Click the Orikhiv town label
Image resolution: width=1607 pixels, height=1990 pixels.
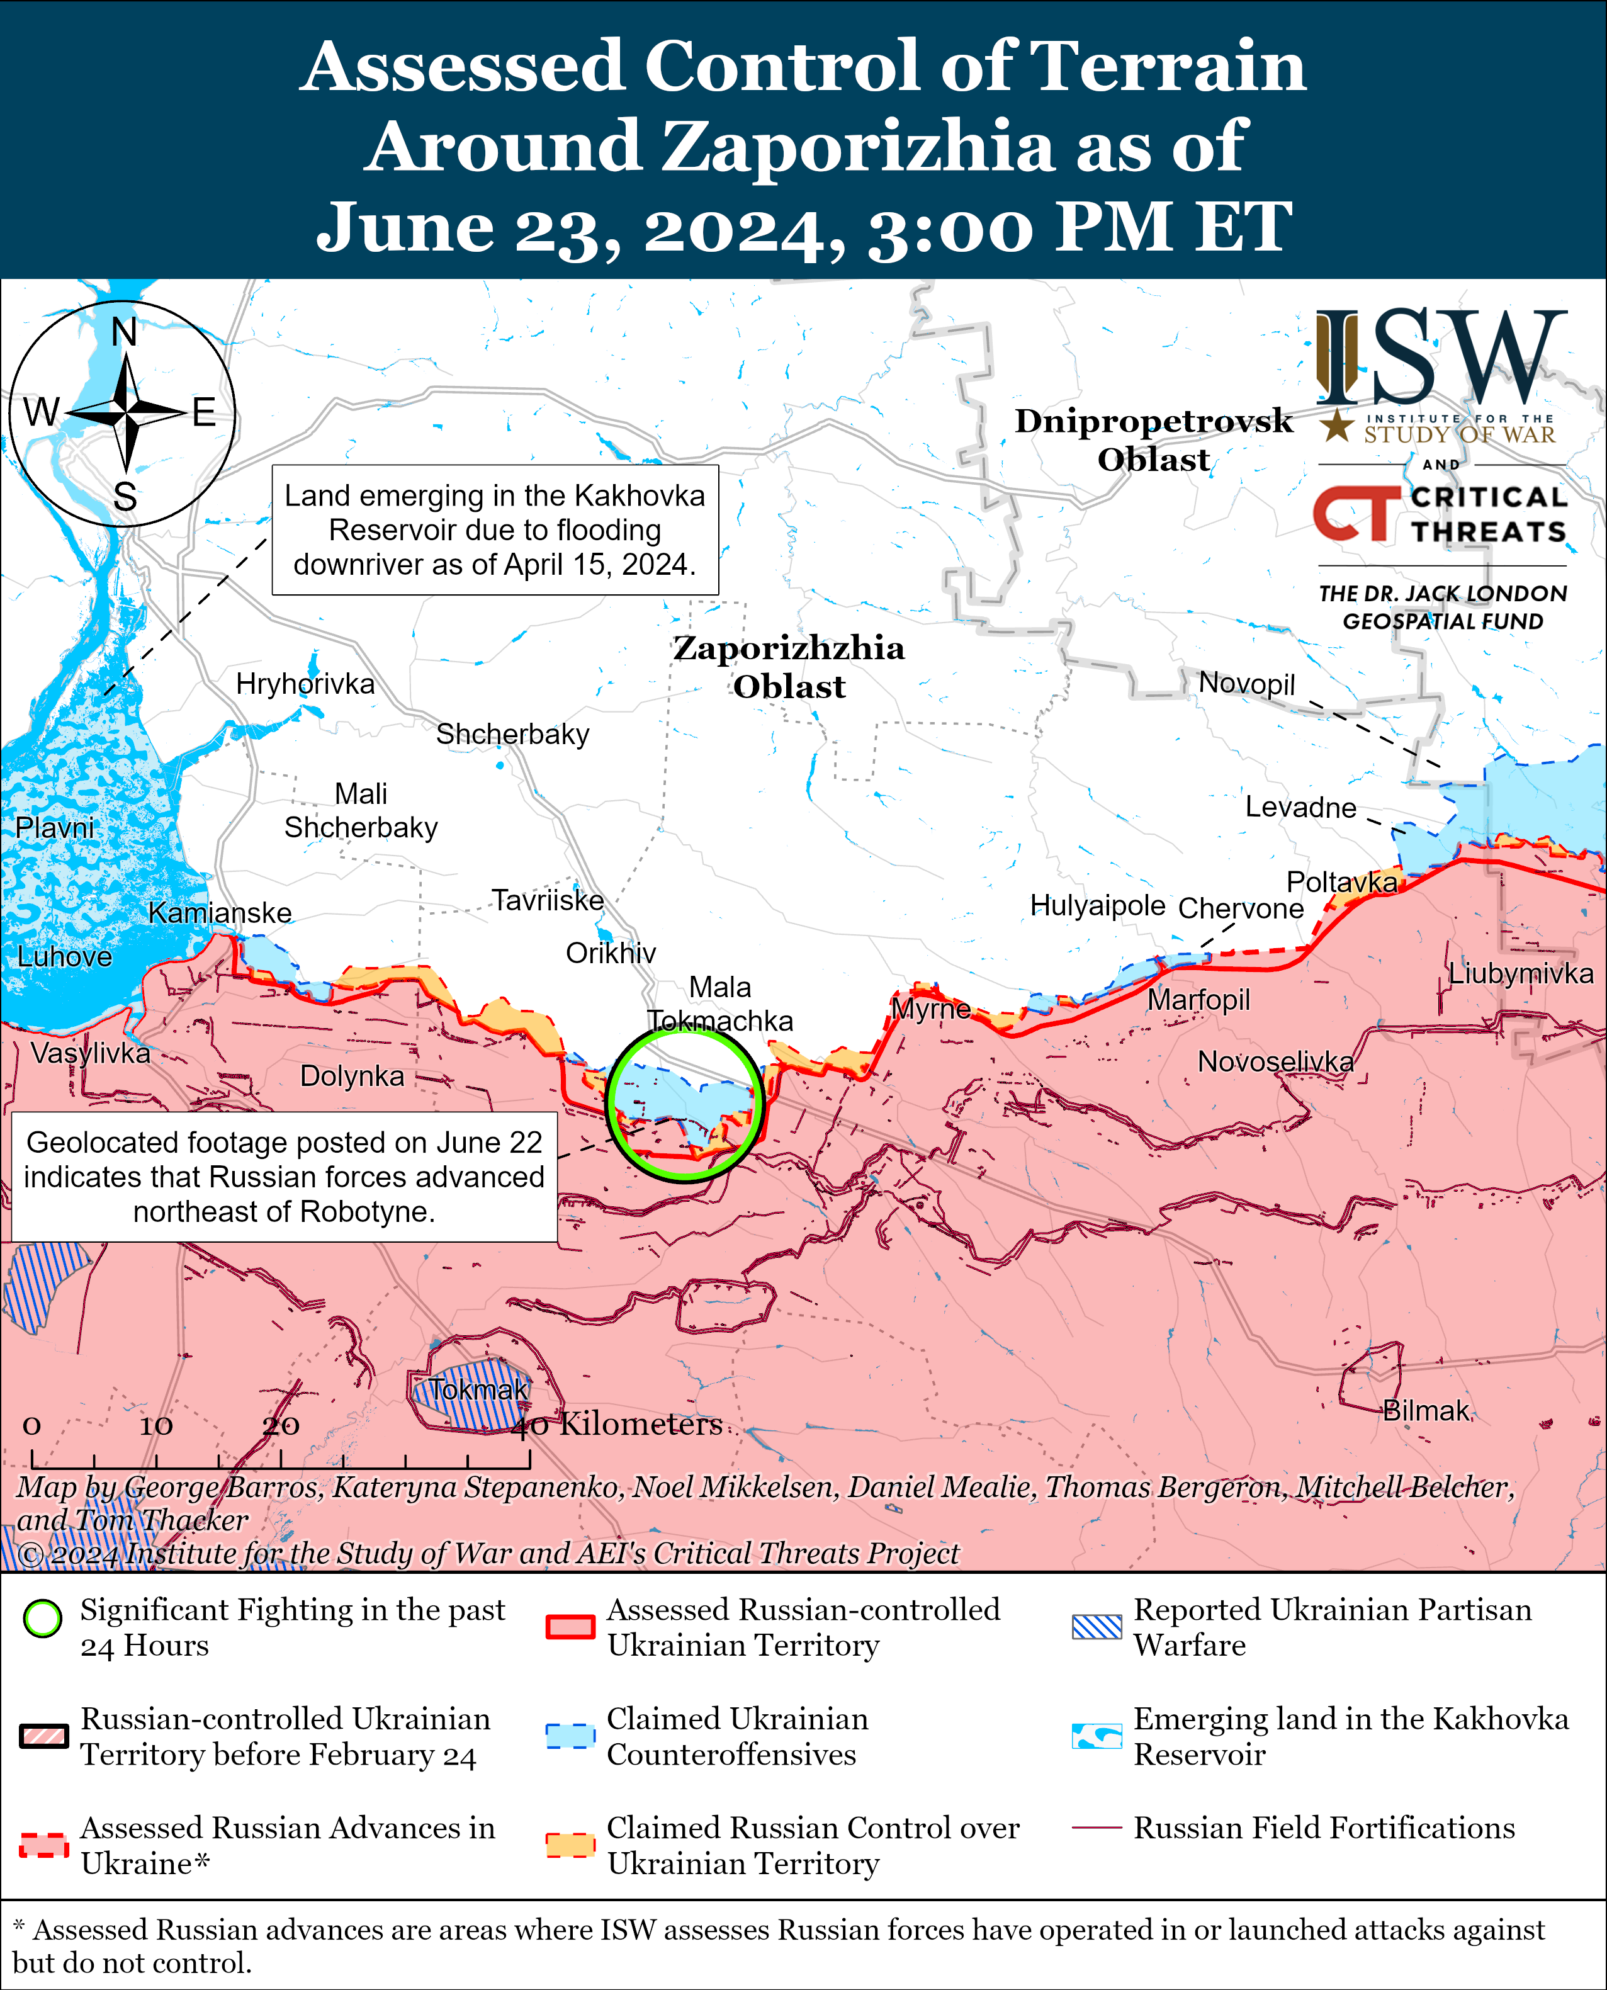pyautogui.click(x=611, y=953)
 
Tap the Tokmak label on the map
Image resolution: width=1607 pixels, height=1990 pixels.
pyautogui.click(x=478, y=1389)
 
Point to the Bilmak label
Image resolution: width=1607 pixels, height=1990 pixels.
pyautogui.click(x=1426, y=1411)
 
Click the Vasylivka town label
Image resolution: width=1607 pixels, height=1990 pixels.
pyautogui.click(x=90, y=1053)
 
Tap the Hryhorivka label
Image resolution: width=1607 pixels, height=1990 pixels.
pyautogui.click(x=305, y=684)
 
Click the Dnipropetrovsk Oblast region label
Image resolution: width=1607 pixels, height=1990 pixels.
pyautogui.click(x=1153, y=439)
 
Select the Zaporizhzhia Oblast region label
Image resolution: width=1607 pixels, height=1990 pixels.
pyautogui.click(x=789, y=667)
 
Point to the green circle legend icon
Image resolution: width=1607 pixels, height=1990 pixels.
pyautogui.click(x=43, y=1619)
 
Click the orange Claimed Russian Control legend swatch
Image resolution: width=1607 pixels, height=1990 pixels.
pyautogui.click(x=569, y=1845)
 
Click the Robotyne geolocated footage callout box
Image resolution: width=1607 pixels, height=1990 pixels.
pyautogui.click(x=284, y=1177)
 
